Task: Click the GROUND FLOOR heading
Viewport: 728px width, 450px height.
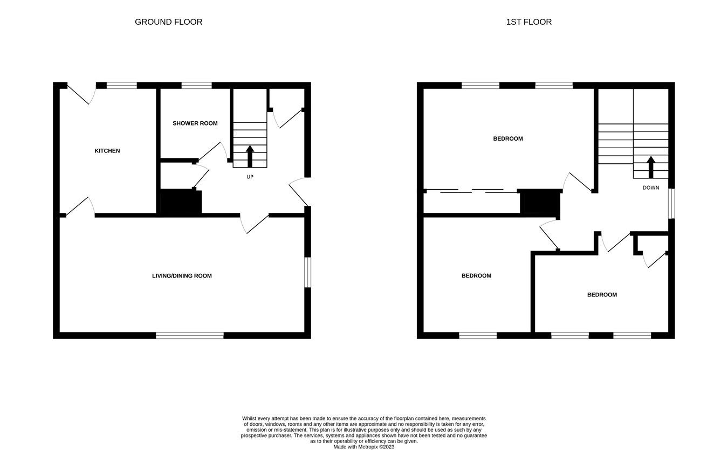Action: click(x=168, y=22)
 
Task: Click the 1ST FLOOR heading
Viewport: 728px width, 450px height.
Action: click(x=528, y=22)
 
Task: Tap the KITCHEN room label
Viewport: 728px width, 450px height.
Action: click(x=107, y=151)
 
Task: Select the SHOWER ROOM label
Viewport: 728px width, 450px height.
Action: click(x=195, y=123)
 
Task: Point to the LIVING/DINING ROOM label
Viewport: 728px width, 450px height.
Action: click(x=182, y=276)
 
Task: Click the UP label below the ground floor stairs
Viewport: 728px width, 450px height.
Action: click(x=250, y=177)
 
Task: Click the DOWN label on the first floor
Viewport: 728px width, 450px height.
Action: click(x=650, y=188)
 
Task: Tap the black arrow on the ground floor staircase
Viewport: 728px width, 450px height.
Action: click(x=250, y=156)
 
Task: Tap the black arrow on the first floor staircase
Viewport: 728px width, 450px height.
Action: click(x=650, y=167)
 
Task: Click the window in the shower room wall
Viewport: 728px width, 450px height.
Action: click(x=196, y=85)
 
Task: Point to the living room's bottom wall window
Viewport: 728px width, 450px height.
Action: click(x=190, y=335)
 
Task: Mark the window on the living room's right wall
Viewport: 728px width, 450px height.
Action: click(x=307, y=272)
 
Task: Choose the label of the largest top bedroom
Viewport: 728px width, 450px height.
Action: click(x=508, y=139)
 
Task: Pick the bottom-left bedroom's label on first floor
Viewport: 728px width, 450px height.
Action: click(x=476, y=276)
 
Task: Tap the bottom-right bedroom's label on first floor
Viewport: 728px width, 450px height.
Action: click(x=602, y=295)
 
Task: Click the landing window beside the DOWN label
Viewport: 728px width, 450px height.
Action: click(x=671, y=203)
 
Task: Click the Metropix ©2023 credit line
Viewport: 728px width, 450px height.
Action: click(x=363, y=447)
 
